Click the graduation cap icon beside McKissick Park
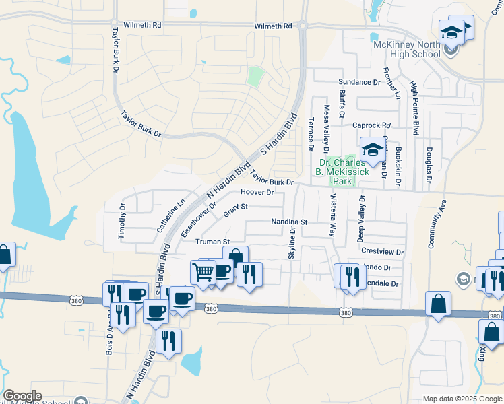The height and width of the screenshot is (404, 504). pyautogui.click(x=371, y=151)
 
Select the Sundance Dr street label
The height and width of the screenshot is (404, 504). pyautogui.click(x=359, y=82)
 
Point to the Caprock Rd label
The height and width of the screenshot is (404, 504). pyautogui.click(x=372, y=125)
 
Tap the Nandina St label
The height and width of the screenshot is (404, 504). pyautogui.click(x=289, y=222)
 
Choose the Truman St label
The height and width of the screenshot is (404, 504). pyautogui.click(x=213, y=241)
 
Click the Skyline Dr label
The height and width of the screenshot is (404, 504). pyautogui.click(x=292, y=242)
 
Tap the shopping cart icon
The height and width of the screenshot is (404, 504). pyautogui.click(x=203, y=272)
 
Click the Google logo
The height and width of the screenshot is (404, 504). pyautogui.click(x=23, y=396)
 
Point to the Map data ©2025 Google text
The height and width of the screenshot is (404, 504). pyautogui.click(x=462, y=399)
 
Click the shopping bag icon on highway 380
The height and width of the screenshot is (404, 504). pyautogui.click(x=438, y=304)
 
